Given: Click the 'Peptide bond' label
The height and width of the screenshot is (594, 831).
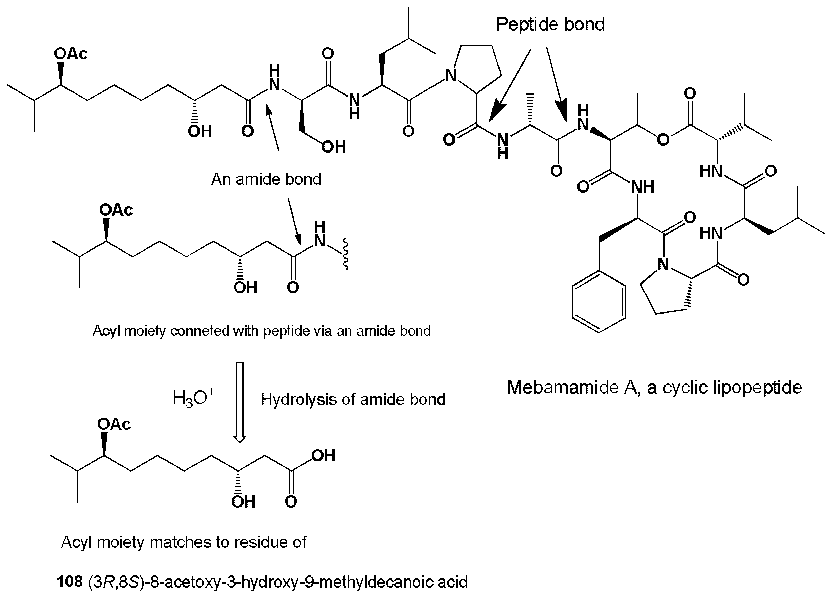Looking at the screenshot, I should tap(550, 24).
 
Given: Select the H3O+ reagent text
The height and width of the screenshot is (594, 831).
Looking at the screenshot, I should tap(193, 398).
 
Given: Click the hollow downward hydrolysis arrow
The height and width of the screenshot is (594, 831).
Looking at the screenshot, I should tap(240, 402).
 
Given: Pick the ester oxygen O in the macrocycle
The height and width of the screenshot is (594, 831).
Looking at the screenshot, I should tap(663, 140).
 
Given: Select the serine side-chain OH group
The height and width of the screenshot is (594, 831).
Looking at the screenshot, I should tap(334, 147).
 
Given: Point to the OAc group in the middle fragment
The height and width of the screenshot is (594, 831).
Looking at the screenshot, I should tap(116, 210).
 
